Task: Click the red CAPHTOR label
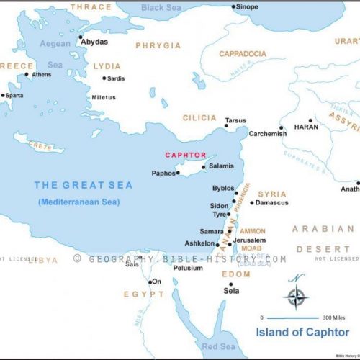(x=186, y=155)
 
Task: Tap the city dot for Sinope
(x=233, y=7)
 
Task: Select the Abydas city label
(x=94, y=42)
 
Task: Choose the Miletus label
(x=103, y=97)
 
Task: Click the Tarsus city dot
(x=226, y=126)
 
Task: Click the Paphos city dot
(x=178, y=173)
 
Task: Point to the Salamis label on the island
(x=220, y=166)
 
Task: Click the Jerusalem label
(x=250, y=240)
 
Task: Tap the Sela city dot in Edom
(x=230, y=284)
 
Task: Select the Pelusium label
(x=188, y=268)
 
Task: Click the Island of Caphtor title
(x=303, y=332)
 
